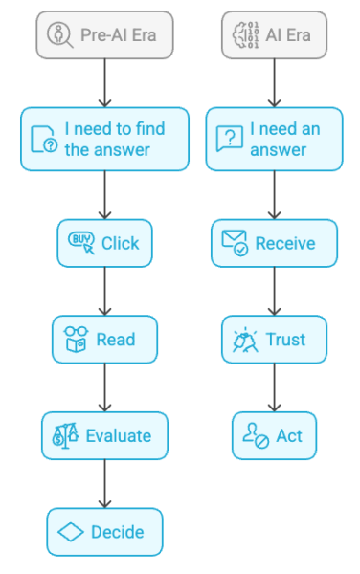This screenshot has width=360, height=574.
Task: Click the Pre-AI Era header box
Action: pyautogui.click(x=104, y=36)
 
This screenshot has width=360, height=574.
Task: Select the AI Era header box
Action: pyautogui.click(x=273, y=36)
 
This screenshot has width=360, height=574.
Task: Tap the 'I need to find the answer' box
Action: pyautogui.click(x=104, y=139)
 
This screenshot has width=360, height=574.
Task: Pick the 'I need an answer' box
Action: pyautogui.click(x=274, y=139)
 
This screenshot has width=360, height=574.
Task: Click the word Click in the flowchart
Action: pyautogui.click(x=120, y=243)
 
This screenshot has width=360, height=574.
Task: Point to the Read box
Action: pyautogui.click(x=104, y=340)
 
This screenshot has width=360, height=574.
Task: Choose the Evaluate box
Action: pyautogui.click(x=104, y=436)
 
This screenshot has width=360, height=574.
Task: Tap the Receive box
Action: pyautogui.click(x=274, y=243)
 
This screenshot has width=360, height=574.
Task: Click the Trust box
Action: pyautogui.click(x=274, y=340)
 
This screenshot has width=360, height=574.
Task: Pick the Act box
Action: pyautogui.click(x=274, y=436)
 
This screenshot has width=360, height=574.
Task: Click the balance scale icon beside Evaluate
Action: pyautogui.click(x=65, y=436)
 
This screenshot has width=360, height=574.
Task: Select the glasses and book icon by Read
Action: pyautogui.click(x=76, y=340)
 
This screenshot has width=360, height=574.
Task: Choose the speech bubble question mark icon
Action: pyautogui.click(x=228, y=139)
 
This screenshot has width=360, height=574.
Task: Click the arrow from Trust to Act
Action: pyautogui.click(x=274, y=387)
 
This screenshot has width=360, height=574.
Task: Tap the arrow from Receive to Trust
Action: pyautogui.click(x=274, y=291)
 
